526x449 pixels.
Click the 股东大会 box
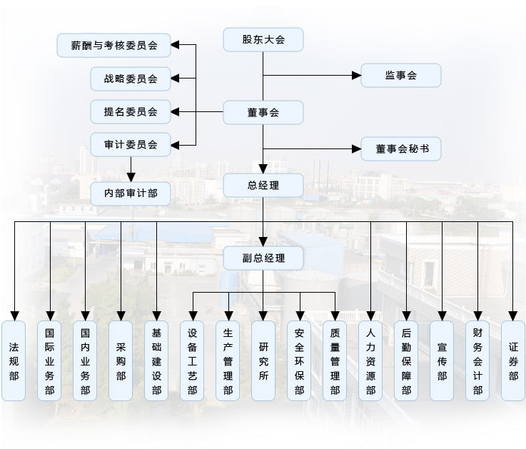263,39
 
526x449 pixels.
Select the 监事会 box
400,75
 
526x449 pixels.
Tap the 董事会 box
263,112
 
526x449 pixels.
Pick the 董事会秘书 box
400,148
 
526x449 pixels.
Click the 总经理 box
263,186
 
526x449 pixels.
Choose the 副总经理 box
263,258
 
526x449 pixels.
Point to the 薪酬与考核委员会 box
115,46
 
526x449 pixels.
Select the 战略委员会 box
131,79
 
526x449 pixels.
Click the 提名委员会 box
131,111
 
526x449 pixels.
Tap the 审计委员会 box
131,144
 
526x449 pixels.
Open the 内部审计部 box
131,192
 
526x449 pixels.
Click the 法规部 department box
14,360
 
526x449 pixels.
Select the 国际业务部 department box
49,360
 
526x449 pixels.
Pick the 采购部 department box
121,360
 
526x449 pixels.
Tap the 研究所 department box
263,360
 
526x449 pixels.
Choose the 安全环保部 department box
299,360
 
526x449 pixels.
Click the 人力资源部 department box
370,360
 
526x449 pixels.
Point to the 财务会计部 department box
477,360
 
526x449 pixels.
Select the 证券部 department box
513,360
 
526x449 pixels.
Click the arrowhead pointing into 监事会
357,75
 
